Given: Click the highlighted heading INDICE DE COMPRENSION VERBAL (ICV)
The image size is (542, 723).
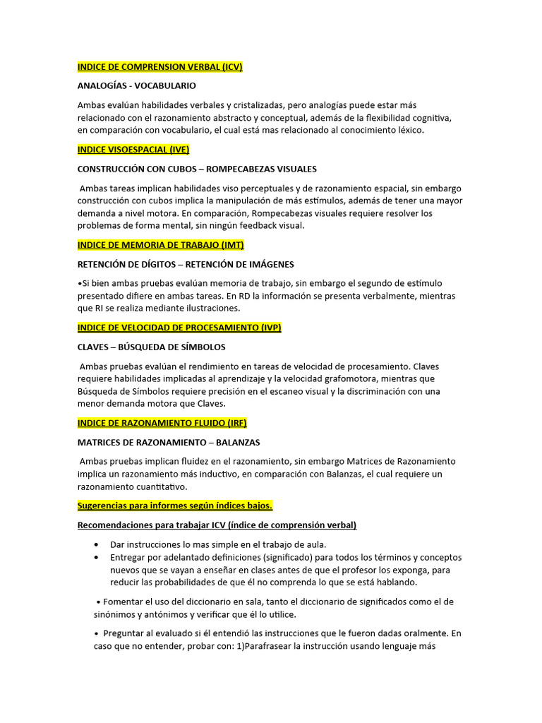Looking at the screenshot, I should (159, 67).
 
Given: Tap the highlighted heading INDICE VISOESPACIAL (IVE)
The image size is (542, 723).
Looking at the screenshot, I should (133, 150).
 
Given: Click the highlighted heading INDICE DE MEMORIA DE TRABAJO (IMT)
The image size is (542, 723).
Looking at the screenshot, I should (161, 245).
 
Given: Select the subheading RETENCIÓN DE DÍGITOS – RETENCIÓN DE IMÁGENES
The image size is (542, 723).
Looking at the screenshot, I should (186, 264).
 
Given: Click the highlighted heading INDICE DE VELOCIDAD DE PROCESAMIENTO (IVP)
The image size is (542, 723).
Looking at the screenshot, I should (179, 328).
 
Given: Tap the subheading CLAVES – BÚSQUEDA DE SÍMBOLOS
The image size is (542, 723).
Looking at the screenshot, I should (151, 347).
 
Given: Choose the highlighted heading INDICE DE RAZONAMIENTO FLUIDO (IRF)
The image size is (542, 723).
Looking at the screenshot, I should (162, 423).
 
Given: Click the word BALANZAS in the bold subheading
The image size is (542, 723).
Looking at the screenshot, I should (235, 442).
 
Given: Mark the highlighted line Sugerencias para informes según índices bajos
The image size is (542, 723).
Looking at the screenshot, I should (174, 506).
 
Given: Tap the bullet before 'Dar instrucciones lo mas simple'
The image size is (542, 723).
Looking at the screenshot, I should (96, 544).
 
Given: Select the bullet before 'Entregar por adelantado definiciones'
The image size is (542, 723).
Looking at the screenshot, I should (96, 557).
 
